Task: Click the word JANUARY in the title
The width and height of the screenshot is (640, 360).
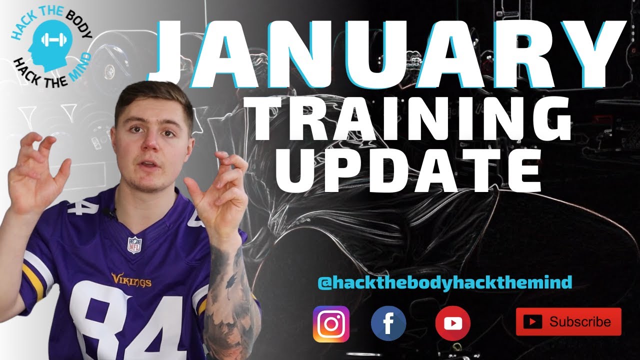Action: pyautogui.click(x=390, y=52)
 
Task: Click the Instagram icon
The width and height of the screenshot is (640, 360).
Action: pyautogui.click(x=331, y=324)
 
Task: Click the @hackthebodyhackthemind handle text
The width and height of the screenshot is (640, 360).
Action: pyautogui.click(x=444, y=283)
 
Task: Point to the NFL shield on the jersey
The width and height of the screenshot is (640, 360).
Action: pyautogui.click(x=134, y=244)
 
